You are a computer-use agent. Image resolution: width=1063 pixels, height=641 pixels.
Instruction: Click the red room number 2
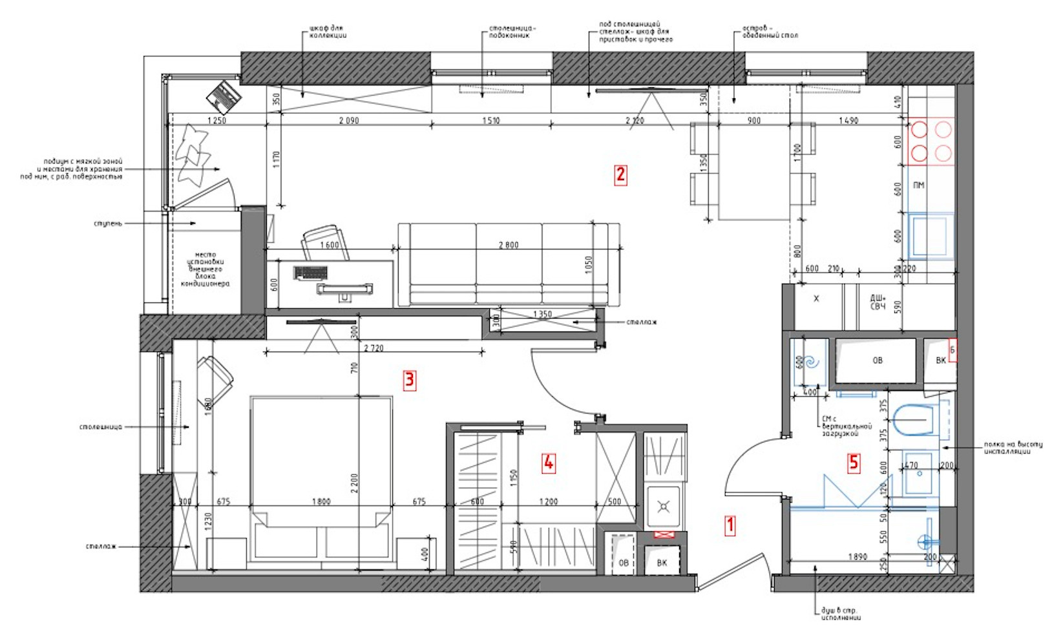620,174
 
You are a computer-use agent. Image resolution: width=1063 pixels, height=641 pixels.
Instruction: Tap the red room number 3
409,380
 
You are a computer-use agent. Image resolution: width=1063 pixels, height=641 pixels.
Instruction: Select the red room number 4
548,463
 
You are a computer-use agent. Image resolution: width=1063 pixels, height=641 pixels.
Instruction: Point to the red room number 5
854,463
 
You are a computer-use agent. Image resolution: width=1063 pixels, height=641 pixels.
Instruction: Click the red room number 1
730,525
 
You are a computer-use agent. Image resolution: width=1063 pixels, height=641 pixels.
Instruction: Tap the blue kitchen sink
931,236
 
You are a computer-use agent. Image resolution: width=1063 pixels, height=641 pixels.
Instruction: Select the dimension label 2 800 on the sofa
509,245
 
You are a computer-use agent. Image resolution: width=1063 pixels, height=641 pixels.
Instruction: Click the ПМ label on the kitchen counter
918,185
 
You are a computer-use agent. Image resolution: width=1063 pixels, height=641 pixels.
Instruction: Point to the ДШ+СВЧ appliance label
878,302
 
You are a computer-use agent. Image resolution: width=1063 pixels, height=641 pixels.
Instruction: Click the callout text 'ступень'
107,224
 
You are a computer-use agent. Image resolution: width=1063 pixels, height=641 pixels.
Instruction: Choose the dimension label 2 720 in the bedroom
374,348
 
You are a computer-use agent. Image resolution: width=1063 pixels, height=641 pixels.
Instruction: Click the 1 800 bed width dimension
321,501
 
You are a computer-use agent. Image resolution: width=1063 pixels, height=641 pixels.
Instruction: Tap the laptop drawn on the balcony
224,96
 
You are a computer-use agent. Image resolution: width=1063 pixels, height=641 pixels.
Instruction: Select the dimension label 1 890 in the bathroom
857,556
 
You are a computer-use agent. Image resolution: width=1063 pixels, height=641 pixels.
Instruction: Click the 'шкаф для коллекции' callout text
327,32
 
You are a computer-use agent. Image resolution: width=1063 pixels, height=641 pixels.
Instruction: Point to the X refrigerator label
816,299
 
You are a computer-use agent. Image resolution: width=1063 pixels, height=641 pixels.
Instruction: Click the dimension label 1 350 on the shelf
542,314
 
